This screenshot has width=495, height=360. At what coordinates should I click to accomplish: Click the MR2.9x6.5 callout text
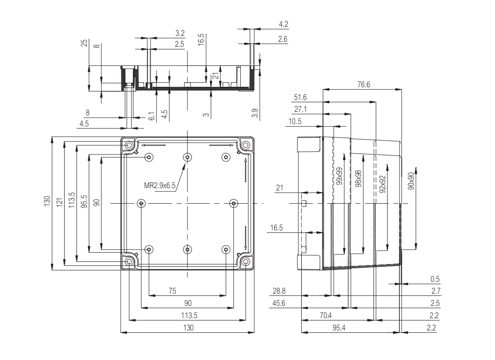(x=159, y=185)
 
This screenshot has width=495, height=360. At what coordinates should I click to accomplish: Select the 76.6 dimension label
(x=364, y=85)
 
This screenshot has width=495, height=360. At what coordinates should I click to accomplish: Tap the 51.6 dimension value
(x=300, y=97)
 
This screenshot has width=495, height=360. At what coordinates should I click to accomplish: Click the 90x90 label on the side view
(x=411, y=181)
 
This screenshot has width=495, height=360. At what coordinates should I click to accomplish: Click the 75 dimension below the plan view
(x=172, y=290)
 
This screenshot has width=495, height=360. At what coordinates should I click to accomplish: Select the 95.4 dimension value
(x=338, y=328)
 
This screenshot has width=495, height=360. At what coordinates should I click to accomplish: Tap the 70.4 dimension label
(x=326, y=315)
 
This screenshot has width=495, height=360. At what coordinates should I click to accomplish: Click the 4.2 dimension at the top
(x=283, y=24)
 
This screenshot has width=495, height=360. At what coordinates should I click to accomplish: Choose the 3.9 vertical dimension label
(x=255, y=114)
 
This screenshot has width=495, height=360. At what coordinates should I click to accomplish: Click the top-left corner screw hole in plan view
(x=129, y=145)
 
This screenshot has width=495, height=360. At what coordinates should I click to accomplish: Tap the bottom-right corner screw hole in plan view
(x=246, y=261)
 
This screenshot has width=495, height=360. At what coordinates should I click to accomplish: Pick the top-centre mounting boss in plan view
(x=187, y=157)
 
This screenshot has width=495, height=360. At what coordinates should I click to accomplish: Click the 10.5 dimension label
(x=295, y=121)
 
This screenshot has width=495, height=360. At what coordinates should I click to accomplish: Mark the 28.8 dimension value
(x=279, y=291)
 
